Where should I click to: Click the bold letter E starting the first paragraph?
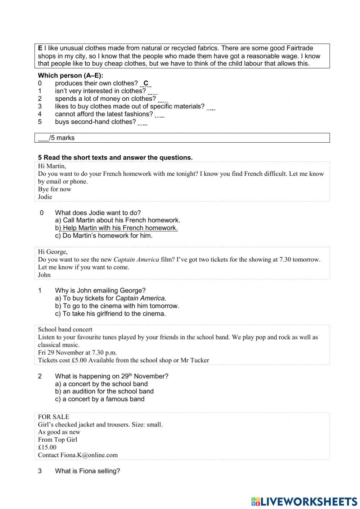point(40,48)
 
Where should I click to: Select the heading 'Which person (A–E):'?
point(71,76)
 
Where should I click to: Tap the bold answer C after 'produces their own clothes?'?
point(146,84)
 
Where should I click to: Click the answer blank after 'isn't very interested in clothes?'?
point(152,92)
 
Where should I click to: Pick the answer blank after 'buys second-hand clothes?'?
point(143,123)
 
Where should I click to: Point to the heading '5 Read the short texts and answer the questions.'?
point(115,158)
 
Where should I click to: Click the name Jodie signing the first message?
point(45,197)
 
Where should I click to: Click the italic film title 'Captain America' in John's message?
point(136,259)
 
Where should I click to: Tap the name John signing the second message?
point(44,275)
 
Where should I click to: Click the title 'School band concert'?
point(65,330)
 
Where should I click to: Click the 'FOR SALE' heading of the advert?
point(54,417)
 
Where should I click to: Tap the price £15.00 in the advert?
point(47,447)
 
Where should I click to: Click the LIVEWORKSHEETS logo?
point(304,501)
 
